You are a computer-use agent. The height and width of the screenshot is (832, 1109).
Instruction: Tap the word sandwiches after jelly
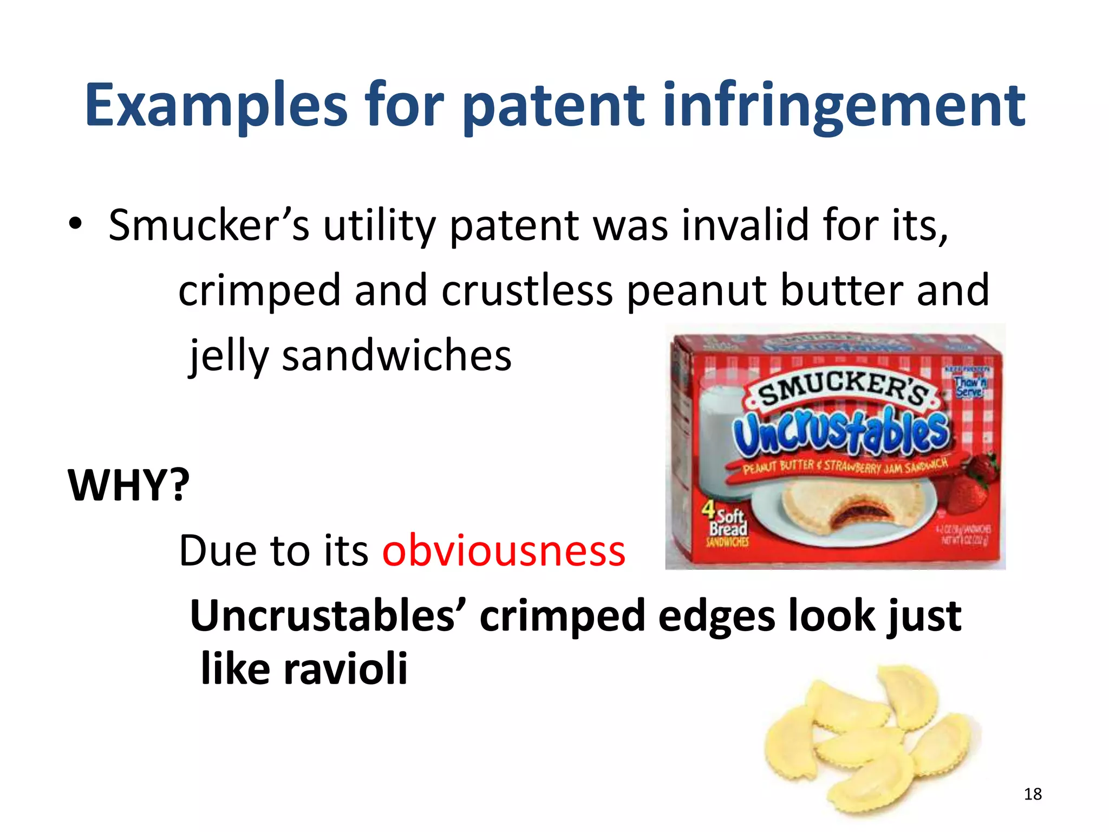[396, 356]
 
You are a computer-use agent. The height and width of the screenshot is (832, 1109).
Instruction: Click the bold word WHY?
[129, 485]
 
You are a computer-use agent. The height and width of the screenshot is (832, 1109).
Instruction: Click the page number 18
[1033, 794]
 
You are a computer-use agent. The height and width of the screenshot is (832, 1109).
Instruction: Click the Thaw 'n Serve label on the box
[970, 386]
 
